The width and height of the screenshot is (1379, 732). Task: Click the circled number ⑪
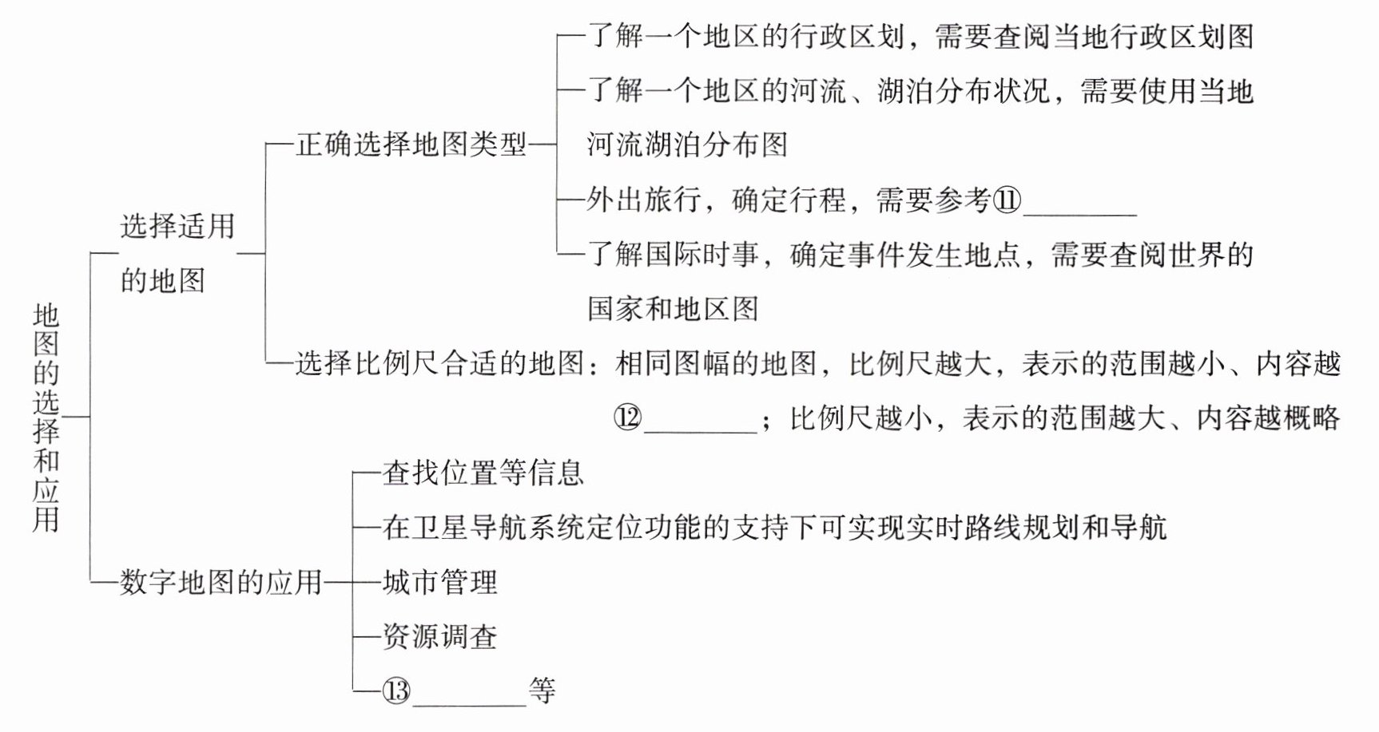coord(1007,200)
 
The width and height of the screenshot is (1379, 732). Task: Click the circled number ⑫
coord(628,417)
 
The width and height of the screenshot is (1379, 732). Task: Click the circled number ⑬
coord(396,690)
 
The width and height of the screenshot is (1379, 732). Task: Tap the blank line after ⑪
coord(1079,209)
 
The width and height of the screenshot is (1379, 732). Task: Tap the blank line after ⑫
coord(700,427)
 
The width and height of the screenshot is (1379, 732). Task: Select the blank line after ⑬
coord(470,699)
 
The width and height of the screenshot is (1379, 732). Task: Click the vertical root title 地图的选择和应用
coord(46,417)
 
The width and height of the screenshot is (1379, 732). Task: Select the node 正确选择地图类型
coord(411,145)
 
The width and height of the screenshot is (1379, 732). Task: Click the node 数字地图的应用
coord(221,582)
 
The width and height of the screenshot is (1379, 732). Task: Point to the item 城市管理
coord(440,582)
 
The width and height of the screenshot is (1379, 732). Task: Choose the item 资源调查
coord(440,636)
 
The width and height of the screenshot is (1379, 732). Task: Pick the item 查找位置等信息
coord(483,473)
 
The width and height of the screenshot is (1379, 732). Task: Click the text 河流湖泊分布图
coord(687,145)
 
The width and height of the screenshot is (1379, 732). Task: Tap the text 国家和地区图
coord(673,309)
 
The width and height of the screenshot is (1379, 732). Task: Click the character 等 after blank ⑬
coord(542,690)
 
